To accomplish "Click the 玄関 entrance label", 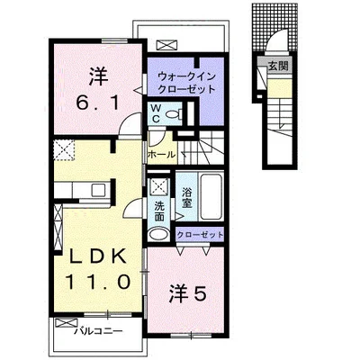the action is (x=278, y=66).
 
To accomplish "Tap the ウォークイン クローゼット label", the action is (x=186, y=83).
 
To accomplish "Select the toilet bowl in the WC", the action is (x=173, y=113).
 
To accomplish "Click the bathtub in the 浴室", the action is (x=211, y=196).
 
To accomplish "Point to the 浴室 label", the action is (x=187, y=197).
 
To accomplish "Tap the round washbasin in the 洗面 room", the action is (x=159, y=234).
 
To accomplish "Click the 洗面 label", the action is (x=159, y=211).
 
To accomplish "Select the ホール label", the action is (x=162, y=155).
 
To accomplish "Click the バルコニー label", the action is (x=99, y=331).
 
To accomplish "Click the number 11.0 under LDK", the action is (x=98, y=282).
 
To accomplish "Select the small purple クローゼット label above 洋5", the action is (x=200, y=234).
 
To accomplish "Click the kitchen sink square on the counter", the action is (x=98, y=190).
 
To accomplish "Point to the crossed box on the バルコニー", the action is (x=62, y=323).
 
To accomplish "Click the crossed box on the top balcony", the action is (x=166, y=45).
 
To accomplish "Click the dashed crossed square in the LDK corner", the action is (x=64, y=150).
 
